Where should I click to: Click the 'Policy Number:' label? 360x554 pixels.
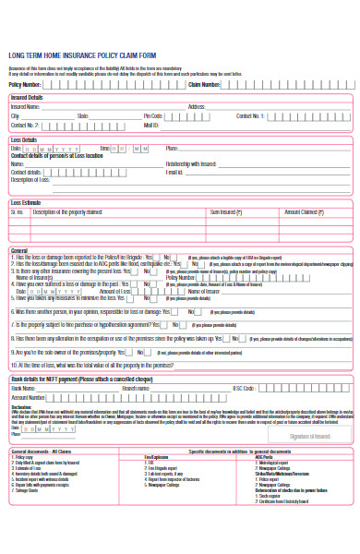tap(24, 84)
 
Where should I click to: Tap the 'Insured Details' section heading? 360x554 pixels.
tap(26, 98)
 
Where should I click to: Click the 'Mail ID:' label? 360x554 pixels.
tap(151, 125)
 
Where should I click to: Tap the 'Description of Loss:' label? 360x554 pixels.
tap(29, 179)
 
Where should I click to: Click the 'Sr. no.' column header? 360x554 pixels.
tap(18, 211)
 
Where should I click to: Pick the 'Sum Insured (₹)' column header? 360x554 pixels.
tap(226, 211)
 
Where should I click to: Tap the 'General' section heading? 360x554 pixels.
tap(18, 250)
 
